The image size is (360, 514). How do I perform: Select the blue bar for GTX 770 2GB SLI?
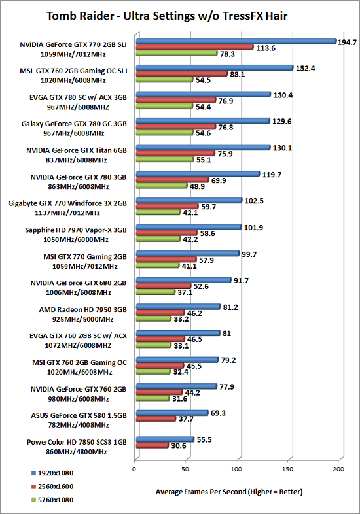(x=236, y=41)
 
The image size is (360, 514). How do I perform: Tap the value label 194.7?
(x=347, y=43)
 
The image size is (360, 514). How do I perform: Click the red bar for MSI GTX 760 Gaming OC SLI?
(x=181, y=74)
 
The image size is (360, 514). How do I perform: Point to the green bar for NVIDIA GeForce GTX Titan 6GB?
(x=165, y=160)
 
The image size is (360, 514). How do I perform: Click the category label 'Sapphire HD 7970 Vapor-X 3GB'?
(x=76, y=230)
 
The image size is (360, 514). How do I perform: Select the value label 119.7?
(x=272, y=175)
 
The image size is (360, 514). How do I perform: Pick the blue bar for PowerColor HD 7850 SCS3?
(x=165, y=439)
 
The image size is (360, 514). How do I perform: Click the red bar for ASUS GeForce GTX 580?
(x=156, y=419)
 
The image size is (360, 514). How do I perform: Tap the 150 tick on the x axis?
(x=288, y=469)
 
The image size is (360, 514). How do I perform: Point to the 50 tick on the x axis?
(x=185, y=469)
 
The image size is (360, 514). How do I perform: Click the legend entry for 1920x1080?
(x=52, y=473)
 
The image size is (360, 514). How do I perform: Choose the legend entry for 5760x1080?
(x=52, y=500)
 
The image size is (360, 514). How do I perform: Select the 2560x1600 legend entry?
(x=52, y=487)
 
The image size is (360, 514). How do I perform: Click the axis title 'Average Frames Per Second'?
(x=201, y=492)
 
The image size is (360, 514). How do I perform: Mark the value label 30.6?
(x=179, y=446)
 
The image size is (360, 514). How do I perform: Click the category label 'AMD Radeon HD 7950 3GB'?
(x=82, y=310)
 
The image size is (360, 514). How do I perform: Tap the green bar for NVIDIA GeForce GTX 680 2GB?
(x=155, y=292)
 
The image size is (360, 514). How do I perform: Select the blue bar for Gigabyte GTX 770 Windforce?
(x=189, y=200)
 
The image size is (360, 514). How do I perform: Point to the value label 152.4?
(x=305, y=69)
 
